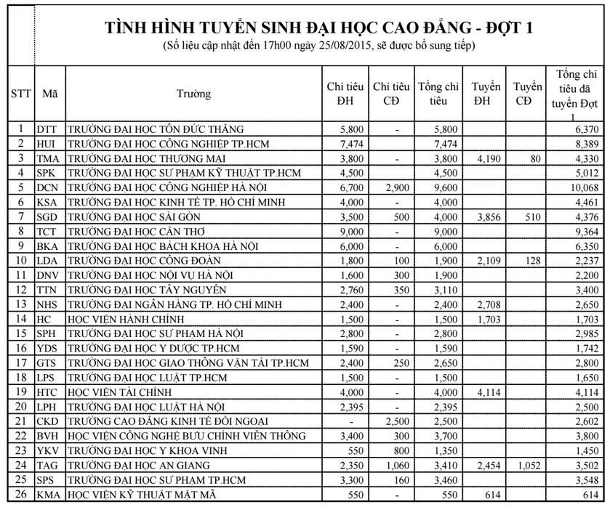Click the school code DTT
point(47,129)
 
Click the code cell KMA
point(48,495)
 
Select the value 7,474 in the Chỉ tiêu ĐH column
point(342,143)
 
